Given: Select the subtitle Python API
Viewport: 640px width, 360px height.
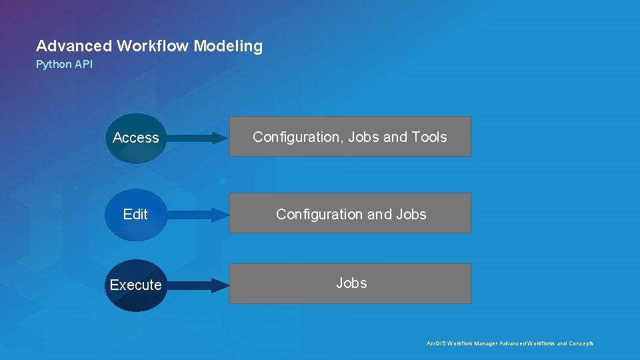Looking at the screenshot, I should pos(64,65).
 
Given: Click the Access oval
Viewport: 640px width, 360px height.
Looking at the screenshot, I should pos(136,138).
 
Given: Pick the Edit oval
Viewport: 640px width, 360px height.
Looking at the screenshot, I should pos(135,215).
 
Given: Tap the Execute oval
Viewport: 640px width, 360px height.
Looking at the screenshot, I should pos(136,285).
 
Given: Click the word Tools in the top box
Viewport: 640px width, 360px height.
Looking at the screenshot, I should pos(429,137).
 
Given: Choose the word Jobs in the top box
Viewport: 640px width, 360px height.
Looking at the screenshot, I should pos(364,137).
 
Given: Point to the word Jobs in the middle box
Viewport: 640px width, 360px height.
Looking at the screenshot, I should pos(411,215).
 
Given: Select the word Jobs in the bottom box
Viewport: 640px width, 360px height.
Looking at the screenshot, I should pos(351,283).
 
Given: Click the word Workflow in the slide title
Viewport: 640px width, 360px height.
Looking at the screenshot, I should pos(152,46).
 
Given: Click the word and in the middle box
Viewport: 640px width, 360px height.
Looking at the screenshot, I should pos(380,215).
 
